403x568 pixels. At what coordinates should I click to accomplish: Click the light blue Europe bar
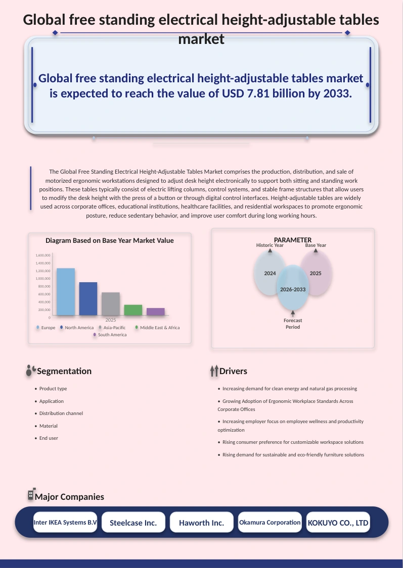(x=66, y=292)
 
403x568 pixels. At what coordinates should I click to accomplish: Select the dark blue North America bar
(x=88, y=298)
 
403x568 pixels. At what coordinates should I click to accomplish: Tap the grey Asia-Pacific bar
(x=111, y=303)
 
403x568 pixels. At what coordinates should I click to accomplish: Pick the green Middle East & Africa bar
(x=133, y=309)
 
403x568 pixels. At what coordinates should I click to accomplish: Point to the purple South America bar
(x=156, y=312)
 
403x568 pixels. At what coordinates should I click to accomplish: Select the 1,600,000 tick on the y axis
(x=43, y=255)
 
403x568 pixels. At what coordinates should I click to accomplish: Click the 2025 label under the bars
(x=111, y=320)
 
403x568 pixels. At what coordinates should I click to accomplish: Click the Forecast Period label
(x=293, y=324)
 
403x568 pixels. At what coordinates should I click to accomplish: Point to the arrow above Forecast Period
(x=293, y=314)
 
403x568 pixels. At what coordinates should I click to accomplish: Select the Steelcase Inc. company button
(x=133, y=523)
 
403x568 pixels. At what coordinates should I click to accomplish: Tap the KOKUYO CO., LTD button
(x=338, y=523)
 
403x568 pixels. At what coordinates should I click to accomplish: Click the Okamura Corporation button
(x=270, y=523)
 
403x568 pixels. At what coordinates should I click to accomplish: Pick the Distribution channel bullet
(x=59, y=414)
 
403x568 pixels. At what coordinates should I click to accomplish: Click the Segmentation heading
(x=64, y=371)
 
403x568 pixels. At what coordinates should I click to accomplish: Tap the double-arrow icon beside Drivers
(x=214, y=371)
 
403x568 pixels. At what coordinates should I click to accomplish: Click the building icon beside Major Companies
(x=31, y=494)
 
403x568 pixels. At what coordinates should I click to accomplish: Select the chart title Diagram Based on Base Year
(x=110, y=240)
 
